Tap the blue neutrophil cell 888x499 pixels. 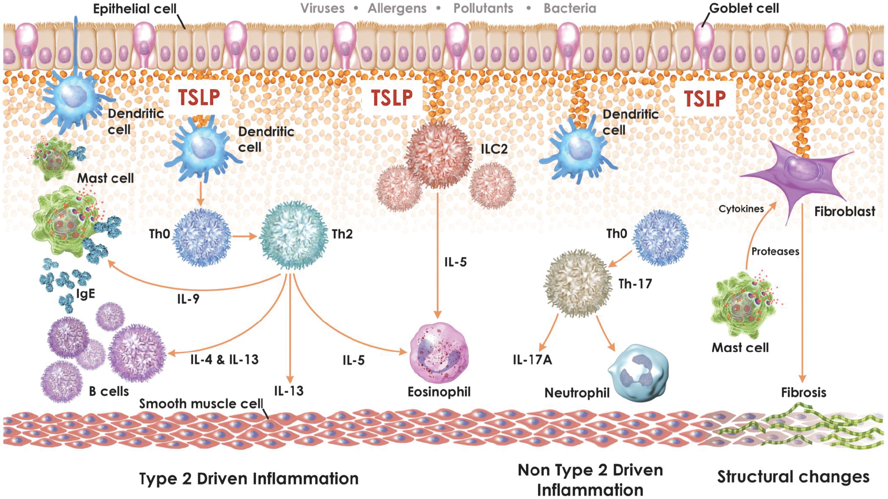[x=639, y=372]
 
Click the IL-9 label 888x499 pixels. [x=188, y=299]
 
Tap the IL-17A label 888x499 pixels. [x=532, y=359]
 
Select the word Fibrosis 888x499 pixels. [x=804, y=393]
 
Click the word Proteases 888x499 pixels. [x=775, y=251]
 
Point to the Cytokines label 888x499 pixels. [x=741, y=209]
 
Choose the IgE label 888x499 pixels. [x=85, y=294]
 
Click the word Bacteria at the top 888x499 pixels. [x=570, y=8]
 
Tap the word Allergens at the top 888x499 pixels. [x=397, y=8]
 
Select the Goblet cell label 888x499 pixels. [x=744, y=8]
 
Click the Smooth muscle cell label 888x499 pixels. [x=201, y=404]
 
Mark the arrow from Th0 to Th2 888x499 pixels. [x=245, y=236]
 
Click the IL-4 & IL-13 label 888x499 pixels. [x=224, y=359]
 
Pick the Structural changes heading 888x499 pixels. [x=793, y=477]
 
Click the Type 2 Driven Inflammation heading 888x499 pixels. [x=249, y=479]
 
